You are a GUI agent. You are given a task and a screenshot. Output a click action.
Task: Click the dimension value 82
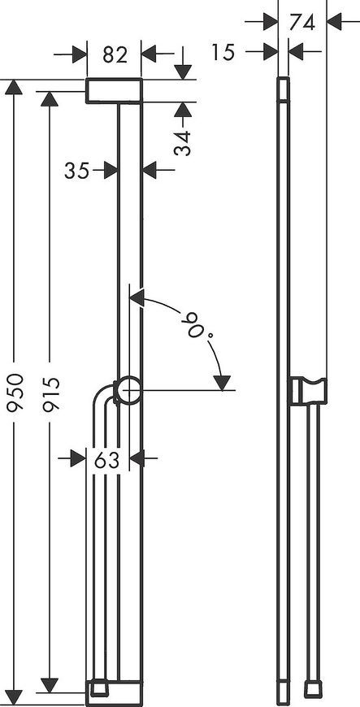pyautogui.click(x=115, y=54)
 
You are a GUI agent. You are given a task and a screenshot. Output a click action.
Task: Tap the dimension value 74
pyautogui.click(x=301, y=22)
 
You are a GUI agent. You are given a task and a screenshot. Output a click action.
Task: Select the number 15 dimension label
pyautogui.click(x=223, y=52)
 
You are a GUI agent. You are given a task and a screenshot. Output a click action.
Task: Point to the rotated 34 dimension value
pyautogui.click(x=183, y=143)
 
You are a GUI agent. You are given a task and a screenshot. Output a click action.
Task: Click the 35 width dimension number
pyautogui.click(x=76, y=171)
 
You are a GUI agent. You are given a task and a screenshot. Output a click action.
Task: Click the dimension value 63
pyautogui.click(x=107, y=460)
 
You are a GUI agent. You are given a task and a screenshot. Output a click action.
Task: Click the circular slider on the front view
pyautogui.click(x=128, y=390)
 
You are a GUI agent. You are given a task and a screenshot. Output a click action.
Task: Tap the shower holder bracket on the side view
pyautogui.click(x=308, y=390)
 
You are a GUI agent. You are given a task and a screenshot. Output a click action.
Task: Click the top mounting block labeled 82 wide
pyautogui.click(x=114, y=91)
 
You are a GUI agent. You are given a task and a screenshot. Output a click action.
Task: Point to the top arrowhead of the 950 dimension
pyautogui.click(x=14, y=87)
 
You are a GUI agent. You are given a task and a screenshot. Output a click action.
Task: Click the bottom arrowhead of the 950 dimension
pyautogui.click(x=14, y=698)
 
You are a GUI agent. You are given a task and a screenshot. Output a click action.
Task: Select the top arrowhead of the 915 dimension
pyautogui.click(x=50, y=99)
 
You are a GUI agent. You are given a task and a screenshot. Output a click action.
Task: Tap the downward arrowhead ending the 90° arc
pyautogui.click(x=222, y=383)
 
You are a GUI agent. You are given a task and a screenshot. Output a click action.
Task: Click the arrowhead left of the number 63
pyautogui.click(x=78, y=459)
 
